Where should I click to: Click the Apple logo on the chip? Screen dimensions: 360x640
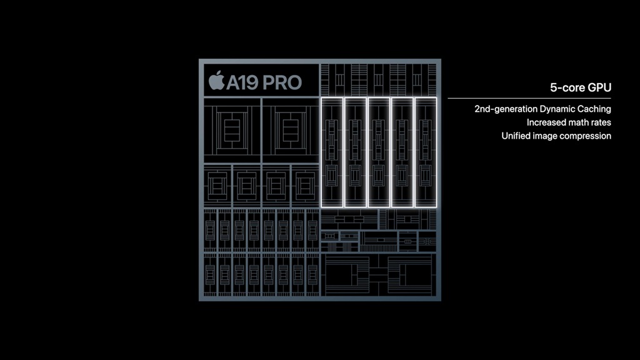[216, 81]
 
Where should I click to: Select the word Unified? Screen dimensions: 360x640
[517, 136]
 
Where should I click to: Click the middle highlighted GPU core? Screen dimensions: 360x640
[378, 152]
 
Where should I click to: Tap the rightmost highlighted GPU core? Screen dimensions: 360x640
[425, 152]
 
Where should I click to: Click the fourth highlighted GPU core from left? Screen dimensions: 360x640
[402, 152]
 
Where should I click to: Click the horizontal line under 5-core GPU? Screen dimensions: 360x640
[529, 98]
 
